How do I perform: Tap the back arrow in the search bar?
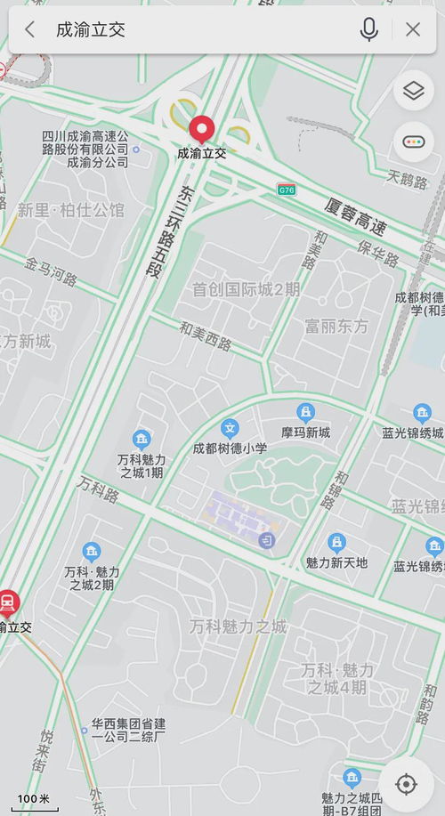coord(29,29)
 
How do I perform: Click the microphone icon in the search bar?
coord(368,29)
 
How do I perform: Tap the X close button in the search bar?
coord(413,29)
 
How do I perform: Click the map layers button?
coord(413,91)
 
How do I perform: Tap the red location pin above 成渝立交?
coord(202,130)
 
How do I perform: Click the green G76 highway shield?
coord(286,190)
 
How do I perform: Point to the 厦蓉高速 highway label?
coord(357,218)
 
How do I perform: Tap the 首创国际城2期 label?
coord(247,290)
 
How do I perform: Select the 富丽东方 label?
coord(336,326)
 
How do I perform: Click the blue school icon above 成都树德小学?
coord(230,428)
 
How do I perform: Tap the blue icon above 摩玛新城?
coord(306,413)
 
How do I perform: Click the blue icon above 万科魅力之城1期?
coord(141,438)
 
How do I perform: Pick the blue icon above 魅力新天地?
coord(336,542)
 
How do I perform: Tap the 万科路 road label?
coord(98,489)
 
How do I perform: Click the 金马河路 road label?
coord(51,271)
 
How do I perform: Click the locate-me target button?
coord(406,784)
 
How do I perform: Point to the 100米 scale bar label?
coord(34,798)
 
